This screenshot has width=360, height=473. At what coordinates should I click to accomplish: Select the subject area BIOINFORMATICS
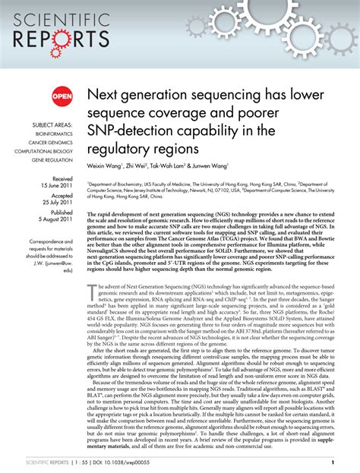tap(53, 131)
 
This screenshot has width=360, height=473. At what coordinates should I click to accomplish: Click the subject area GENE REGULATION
tap(52, 159)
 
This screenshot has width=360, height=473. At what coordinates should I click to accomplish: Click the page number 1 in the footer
tap(333, 462)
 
